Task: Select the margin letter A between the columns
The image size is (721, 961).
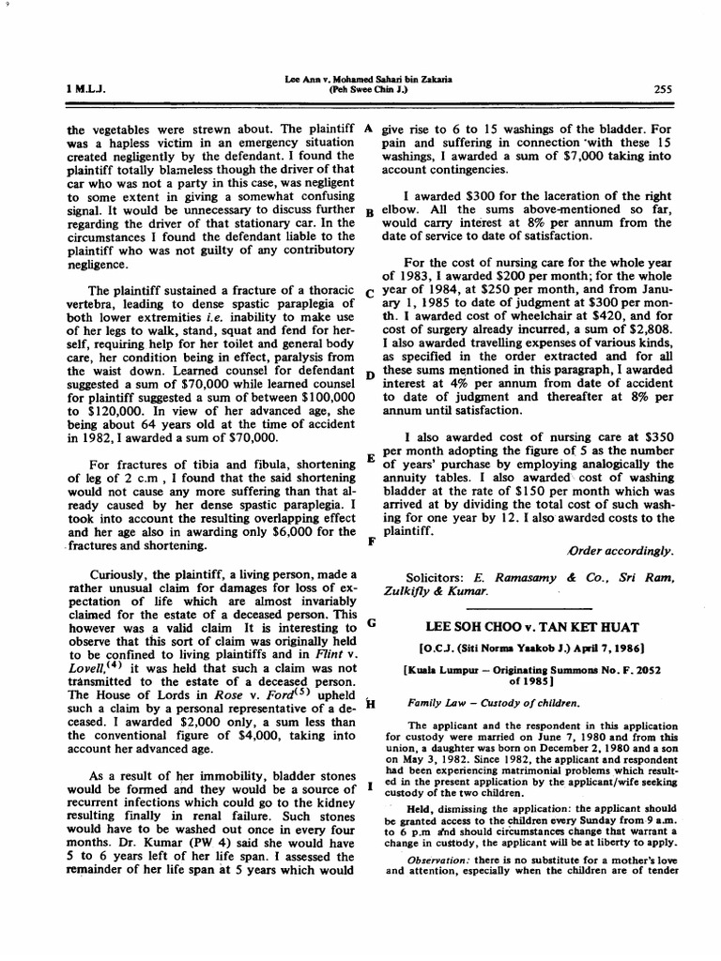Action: tap(369, 127)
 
